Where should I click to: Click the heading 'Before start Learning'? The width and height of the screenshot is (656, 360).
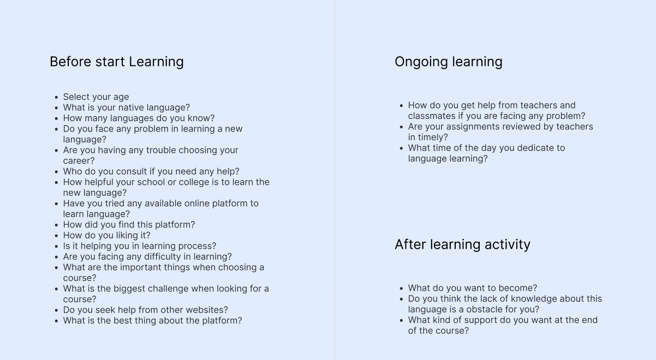[117, 62]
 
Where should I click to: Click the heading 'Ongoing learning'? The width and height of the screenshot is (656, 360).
[449, 62]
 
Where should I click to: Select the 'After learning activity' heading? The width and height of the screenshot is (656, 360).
[462, 244]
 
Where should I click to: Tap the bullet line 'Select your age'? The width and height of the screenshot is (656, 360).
[96, 97]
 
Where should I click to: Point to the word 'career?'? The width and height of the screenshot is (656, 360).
[79, 161]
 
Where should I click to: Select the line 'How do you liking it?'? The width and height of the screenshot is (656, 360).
[106, 235]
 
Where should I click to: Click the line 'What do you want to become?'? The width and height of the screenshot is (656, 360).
[473, 288]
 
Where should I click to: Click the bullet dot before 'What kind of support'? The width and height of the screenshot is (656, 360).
[402, 321]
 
